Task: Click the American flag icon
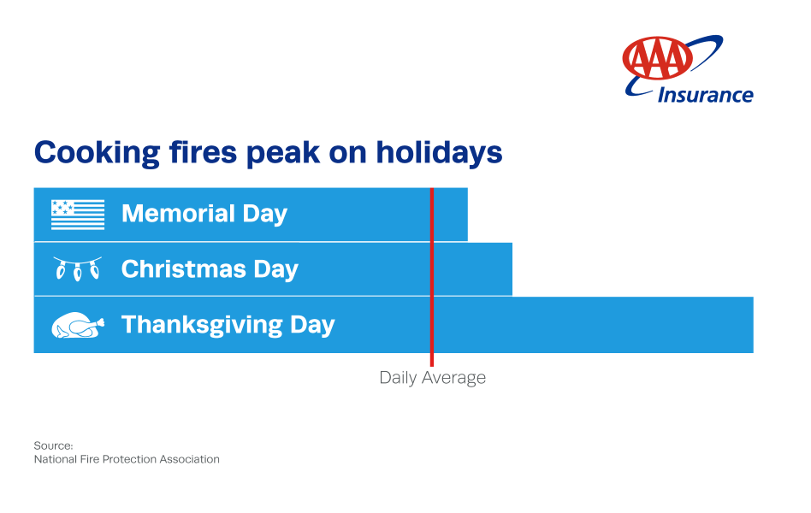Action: click(78, 214)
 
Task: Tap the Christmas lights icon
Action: click(77, 268)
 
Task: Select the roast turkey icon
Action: click(78, 326)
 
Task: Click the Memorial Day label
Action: click(204, 214)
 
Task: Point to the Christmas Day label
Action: click(210, 269)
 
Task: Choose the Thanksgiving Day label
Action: click(228, 325)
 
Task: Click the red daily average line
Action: click(432, 282)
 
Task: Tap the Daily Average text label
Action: click(432, 378)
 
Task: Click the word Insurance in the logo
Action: click(705, 95)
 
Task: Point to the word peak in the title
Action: click(281, 154)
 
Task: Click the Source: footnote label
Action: click(53, 445)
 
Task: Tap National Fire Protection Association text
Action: click(127, 459)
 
